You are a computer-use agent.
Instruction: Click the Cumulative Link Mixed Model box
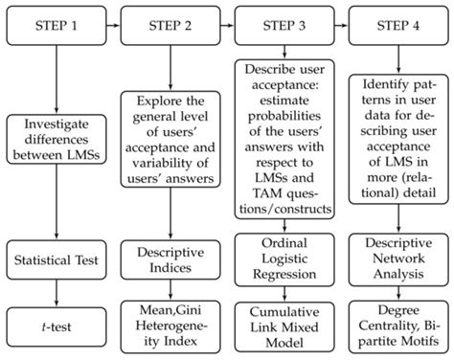click(x=284, y=326)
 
